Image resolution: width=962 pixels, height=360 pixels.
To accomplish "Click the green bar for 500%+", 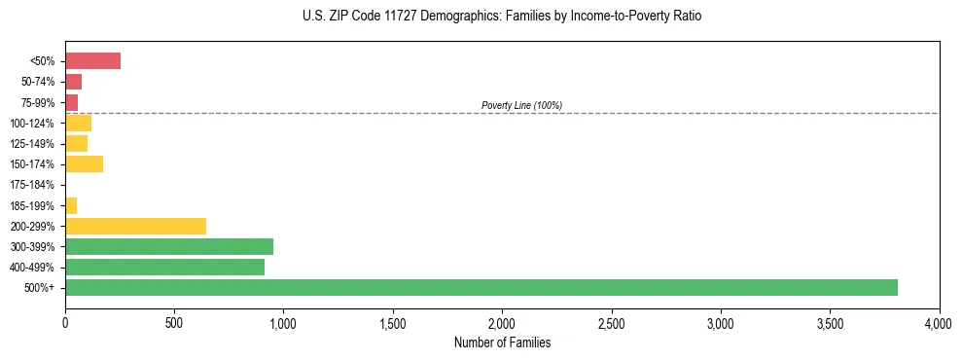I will point(481,287).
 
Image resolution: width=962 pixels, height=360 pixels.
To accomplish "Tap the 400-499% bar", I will point(164,267).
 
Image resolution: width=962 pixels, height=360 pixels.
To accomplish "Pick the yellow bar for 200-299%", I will point(135,226).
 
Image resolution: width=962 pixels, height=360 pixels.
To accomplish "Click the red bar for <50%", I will point(92,61).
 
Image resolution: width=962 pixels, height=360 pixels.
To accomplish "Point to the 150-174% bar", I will point(84,163).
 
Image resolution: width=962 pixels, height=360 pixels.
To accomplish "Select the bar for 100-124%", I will point(78,123).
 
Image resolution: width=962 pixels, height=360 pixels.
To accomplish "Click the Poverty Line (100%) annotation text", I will point(521,105).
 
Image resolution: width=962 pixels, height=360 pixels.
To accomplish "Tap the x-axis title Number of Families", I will point(502,342).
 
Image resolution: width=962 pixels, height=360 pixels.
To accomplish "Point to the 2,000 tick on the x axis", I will point(502,322).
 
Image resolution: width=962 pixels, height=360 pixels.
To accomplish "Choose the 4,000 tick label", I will point(939,322).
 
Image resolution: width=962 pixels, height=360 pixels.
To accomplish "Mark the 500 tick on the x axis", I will point(174,322).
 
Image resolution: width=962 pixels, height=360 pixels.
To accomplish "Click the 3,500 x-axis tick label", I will point(830,322).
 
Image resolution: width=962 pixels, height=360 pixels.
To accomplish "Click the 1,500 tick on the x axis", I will point(393,322).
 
